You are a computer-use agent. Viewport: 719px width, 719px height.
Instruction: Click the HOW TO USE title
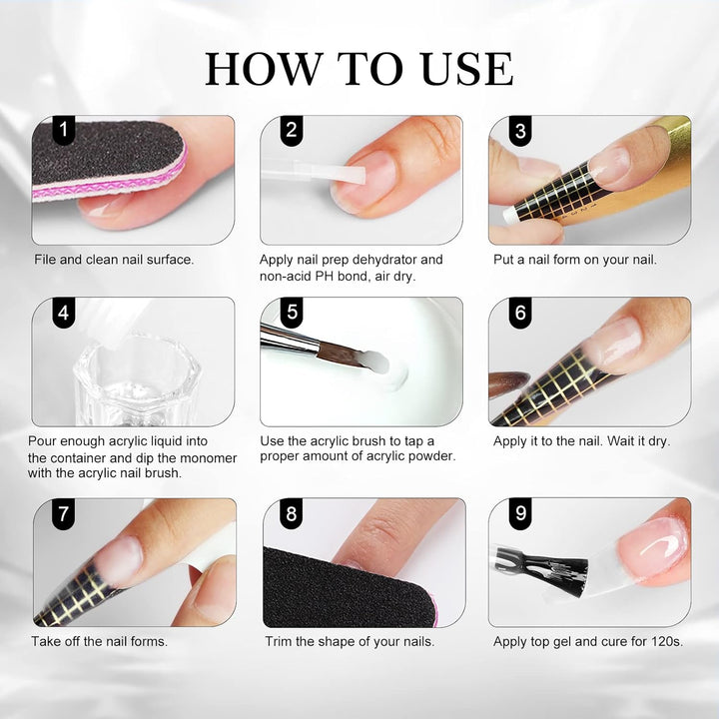(359, 68)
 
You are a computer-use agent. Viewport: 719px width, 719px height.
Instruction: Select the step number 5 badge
(293, 313)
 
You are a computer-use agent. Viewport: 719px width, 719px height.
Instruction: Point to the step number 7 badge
(64, 515)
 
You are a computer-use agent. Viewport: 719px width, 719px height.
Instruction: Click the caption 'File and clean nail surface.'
(114, 260)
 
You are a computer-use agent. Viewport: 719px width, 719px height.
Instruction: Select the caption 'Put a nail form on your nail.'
(575, 260)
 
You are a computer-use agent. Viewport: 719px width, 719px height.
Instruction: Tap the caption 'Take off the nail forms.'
(100, 641)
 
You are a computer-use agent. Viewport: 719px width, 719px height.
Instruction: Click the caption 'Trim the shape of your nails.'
(350, 641)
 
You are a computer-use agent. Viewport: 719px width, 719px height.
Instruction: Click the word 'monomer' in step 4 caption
(204, 457)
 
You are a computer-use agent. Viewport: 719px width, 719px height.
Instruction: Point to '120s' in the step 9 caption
(666, 641)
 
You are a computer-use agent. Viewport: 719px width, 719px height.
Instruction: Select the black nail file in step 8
(340, 589)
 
